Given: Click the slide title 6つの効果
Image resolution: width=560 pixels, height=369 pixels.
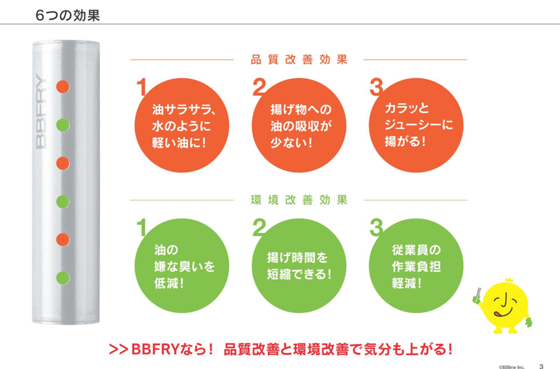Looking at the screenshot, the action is pyautogui.click(x=67, y=15).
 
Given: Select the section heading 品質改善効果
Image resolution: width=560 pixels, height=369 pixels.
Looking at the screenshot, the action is pyautogui.click(x=299, y=59).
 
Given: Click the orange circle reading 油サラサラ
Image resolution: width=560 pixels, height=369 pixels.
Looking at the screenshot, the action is pyautogui.click(x=182, y=126).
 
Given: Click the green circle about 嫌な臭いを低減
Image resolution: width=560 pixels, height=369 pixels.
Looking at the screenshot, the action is pyautogui.click(x=182, y=267).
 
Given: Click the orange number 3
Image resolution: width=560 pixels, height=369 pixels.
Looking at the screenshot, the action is pyautogui.click(x=376, y=87).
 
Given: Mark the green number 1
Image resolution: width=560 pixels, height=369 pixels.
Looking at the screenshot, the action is pyautogui.click(x=141, y=228).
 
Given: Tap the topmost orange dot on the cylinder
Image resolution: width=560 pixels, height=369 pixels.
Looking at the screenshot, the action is pyautogui.click(x=63, y=86).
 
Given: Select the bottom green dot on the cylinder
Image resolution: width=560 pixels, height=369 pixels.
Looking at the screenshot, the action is pyautogui.click(x=63, y=278).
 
